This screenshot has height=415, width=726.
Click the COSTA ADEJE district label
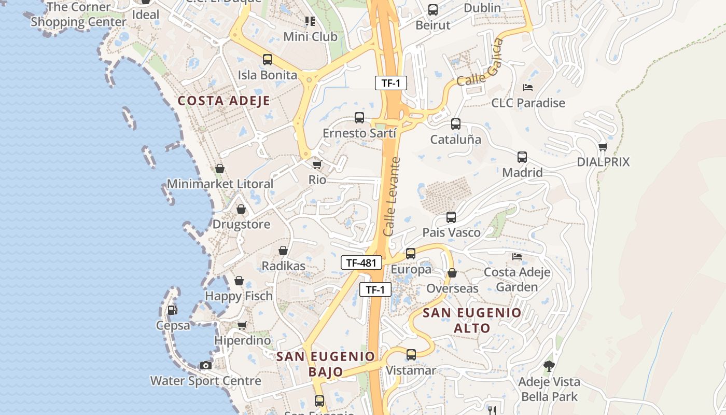coord(224,101)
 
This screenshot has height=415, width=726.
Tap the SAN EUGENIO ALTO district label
coord(472,320)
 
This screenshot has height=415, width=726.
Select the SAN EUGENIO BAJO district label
coord(326,364)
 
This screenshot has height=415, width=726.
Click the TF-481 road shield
coord(361,262)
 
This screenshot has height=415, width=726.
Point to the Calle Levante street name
coord(393,197)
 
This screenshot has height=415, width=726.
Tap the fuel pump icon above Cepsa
coord(172,310)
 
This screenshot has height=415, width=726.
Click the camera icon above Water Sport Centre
coord(206,365)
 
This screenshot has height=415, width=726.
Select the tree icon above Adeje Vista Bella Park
coord(549,366)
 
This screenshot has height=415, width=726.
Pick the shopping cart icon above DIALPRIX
coord(603,147)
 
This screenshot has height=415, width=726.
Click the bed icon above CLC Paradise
coord(528,88)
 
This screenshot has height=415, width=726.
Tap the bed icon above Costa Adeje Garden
coord(517,256)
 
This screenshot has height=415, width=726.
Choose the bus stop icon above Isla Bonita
coord(268,60)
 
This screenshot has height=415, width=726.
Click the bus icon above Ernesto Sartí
coord(359,118)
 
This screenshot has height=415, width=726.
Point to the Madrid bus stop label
coord(522,172)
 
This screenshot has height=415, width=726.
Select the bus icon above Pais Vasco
coord(451,217)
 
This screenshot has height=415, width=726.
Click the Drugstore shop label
coord(242,225)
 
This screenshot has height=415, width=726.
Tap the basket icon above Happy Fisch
coord(239,281)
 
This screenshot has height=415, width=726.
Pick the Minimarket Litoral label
coord(220,184)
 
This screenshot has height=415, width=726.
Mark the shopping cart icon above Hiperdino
coord(242,326)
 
